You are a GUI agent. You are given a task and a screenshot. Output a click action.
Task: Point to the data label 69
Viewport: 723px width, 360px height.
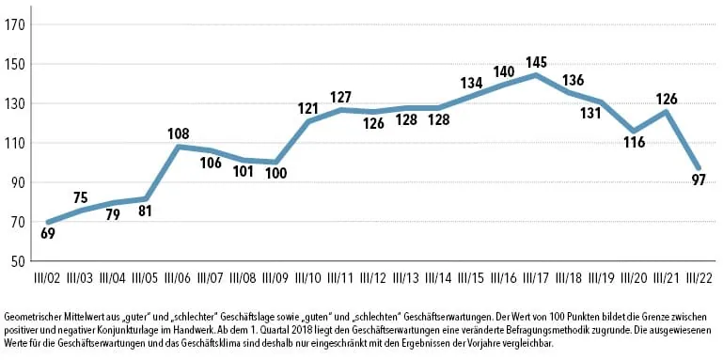48,233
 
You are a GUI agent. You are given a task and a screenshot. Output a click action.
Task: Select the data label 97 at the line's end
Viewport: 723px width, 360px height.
697,180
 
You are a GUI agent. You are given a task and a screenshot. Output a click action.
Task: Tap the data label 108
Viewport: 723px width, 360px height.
178,133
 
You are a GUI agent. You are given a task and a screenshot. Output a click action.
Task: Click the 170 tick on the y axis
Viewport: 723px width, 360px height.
15,25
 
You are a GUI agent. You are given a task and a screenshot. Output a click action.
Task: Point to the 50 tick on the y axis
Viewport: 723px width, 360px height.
18,261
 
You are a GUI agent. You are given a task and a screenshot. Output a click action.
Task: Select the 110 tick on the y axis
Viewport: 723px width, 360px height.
15,143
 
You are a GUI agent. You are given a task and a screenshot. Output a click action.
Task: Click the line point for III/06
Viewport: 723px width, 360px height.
178,147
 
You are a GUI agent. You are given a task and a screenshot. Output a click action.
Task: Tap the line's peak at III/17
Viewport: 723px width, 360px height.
535,75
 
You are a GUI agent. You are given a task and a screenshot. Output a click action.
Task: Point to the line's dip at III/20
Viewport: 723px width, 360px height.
633,132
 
